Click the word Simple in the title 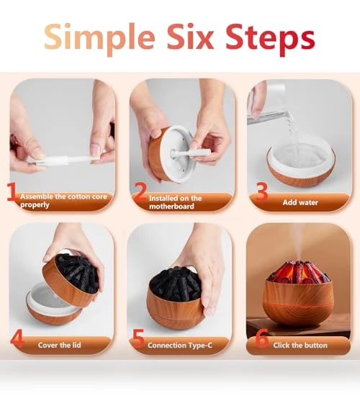click(99, 38)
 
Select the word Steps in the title click(270, 40)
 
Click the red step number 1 click(12, 192)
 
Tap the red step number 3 click(261, 191)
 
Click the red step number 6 click(262, 338)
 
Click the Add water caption click(300, 202)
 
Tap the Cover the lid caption click(59, 345)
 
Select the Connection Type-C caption click(180, 345)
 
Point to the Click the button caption click(300, 345)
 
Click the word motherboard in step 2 click(172, 207)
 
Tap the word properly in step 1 click(35, 204)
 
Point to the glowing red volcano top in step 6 click(298, 273)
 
